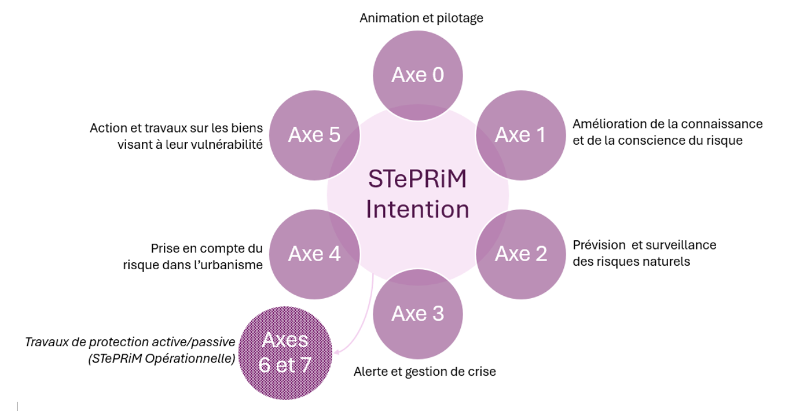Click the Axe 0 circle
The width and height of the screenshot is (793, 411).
pos(417,75)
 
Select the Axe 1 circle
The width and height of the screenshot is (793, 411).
pos(520,135)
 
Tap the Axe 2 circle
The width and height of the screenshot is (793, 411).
pos(520,254)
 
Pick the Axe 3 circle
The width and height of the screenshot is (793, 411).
pos(417,313)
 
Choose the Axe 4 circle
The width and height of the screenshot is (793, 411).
pos(314,254)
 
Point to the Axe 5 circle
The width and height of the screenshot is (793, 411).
pos(314,135)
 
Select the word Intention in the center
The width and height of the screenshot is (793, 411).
pos(417,209)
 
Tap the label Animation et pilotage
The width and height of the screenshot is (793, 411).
pos(421,18)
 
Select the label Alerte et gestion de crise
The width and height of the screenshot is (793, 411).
pos(424,372)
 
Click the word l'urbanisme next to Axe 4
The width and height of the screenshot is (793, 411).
pos(233,265)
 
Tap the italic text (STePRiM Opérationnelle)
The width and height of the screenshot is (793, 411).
pos(162,359)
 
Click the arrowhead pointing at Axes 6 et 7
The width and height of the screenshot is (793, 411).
pos(337,351)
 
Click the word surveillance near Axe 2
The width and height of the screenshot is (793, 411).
pos(684,245)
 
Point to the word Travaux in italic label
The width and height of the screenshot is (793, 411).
pos(46,342)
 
